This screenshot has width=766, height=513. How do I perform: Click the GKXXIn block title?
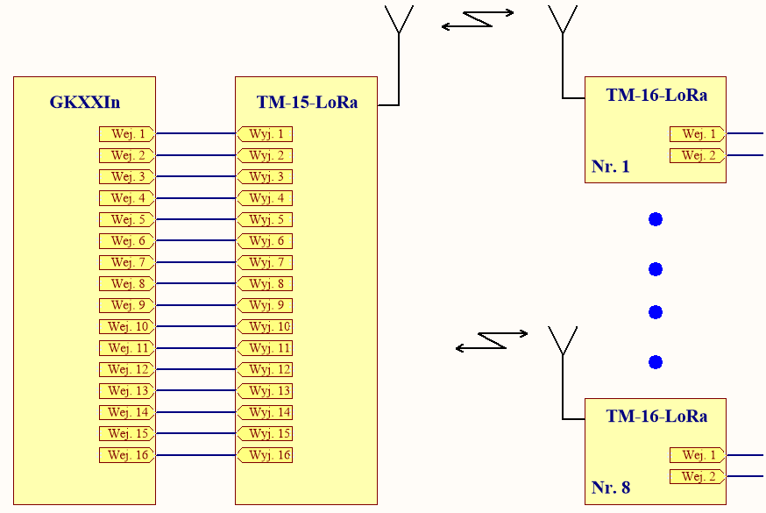[84, 103]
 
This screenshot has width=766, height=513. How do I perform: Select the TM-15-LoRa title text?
[307, 103]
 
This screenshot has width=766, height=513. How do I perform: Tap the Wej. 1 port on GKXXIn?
[127, 134]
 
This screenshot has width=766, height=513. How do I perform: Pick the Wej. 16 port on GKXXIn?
[127, 455]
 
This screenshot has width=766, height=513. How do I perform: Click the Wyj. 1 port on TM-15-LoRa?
[265, 134]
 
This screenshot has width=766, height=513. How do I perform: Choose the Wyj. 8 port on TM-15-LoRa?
[265, 284]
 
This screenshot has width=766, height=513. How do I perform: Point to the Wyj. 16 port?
[265, 455]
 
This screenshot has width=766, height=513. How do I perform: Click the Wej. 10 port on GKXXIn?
[127, 327]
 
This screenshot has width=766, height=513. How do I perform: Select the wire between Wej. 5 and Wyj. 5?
[195, 220]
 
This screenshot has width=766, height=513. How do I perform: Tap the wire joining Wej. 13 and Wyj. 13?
[195, 391]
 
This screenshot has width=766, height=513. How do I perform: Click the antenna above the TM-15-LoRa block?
[399, 22]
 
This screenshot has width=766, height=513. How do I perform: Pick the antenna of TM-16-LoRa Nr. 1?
[563, 22]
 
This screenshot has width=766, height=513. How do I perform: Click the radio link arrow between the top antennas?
[478, 19]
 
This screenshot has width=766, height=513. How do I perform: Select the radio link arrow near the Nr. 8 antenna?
[492, 340]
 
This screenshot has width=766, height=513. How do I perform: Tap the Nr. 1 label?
[611, 167]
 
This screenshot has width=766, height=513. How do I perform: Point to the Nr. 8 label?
[611, 488]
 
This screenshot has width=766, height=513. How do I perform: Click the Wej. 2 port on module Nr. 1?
[698, 156]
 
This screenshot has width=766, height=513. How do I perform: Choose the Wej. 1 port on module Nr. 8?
[698, 455]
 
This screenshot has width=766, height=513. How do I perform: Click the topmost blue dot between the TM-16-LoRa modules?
[656, 219]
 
